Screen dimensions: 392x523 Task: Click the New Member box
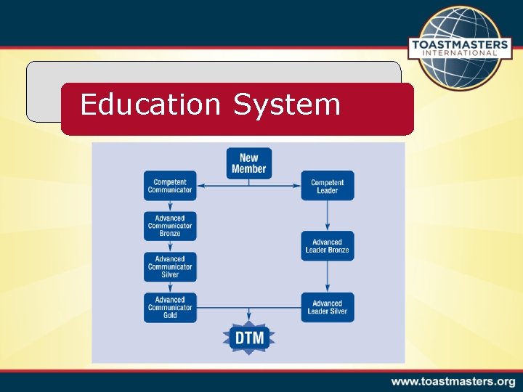[248, 163]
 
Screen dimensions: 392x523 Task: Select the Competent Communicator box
[170, 186]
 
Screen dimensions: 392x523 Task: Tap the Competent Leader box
[327, 186]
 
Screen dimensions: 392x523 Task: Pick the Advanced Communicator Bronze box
[170, 226]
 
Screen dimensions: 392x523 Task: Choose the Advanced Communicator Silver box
[170, 266]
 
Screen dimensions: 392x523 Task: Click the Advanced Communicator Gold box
[170, 307]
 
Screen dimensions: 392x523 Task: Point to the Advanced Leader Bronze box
[327, 246]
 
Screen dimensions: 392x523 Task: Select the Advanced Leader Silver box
[327, 307]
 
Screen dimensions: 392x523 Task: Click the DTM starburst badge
[249, 338]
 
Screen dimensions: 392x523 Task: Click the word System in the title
[286, 105]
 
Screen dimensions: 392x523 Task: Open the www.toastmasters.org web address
[453, 381]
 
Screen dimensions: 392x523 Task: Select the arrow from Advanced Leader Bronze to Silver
[327, 277]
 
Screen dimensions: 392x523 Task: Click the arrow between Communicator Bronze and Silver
[170, 247]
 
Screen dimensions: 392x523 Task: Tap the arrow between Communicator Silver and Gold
[170, 287]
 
